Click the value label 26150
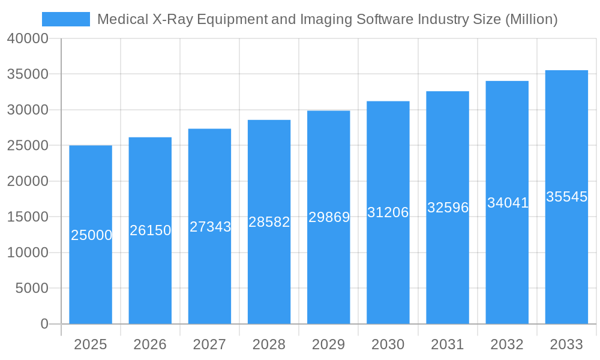click(150, 230)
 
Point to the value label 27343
click(210, 227)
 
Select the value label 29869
click(329, 217)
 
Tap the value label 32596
click(448, 208)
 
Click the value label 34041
click(508, 203)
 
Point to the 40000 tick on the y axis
click(28, 38)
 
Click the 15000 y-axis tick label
click(28, 217)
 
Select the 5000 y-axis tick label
click(31, 289)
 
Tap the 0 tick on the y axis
click(44, 324)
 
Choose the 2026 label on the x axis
click(150, 344)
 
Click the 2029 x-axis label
click(329, 344)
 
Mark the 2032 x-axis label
click(507, 344)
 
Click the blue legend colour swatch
click(66, 19)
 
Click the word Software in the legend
click(383, 19)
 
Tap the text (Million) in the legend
click(531, 19)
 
